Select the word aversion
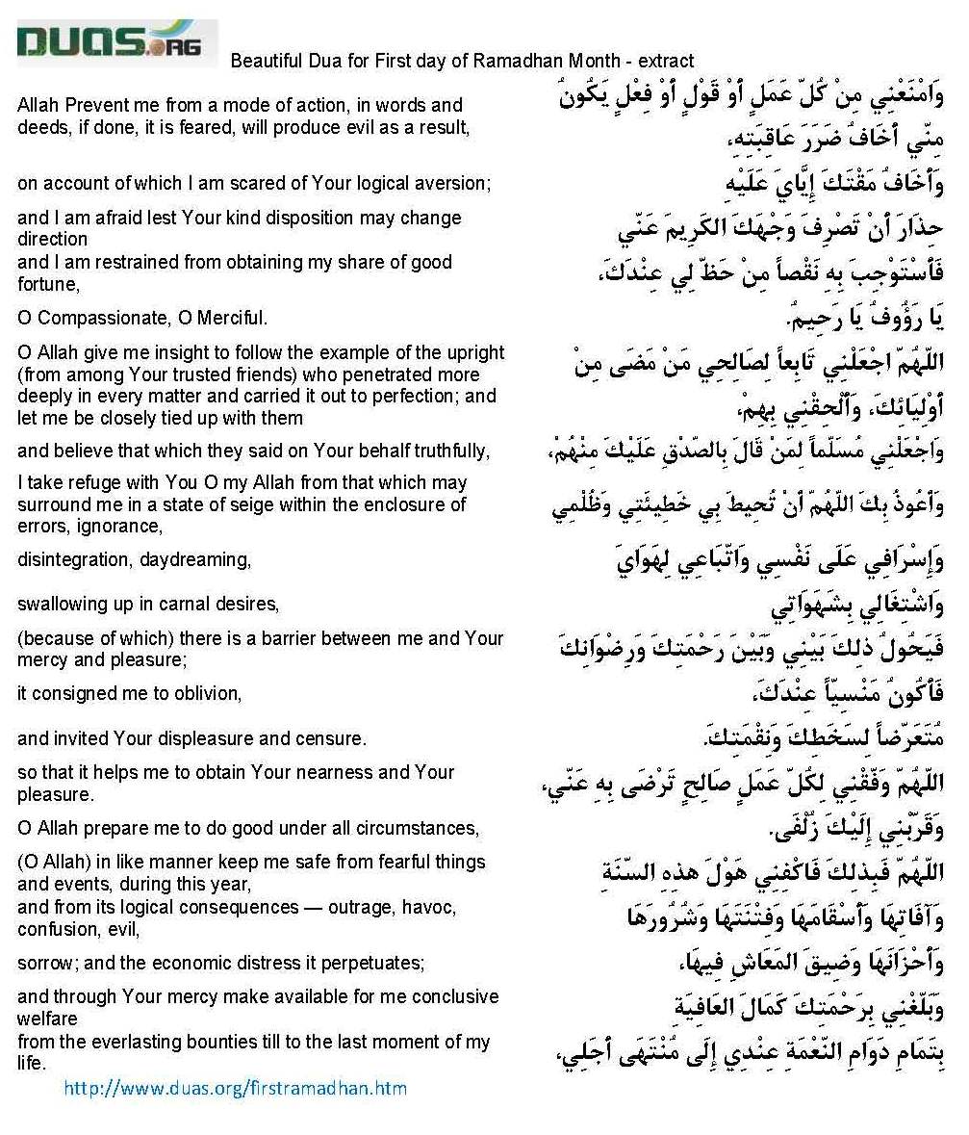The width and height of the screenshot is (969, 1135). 454,182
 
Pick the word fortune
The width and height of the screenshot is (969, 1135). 44,284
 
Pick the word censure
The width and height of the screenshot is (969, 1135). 336,739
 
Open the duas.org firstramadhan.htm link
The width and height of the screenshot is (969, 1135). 235,1089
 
